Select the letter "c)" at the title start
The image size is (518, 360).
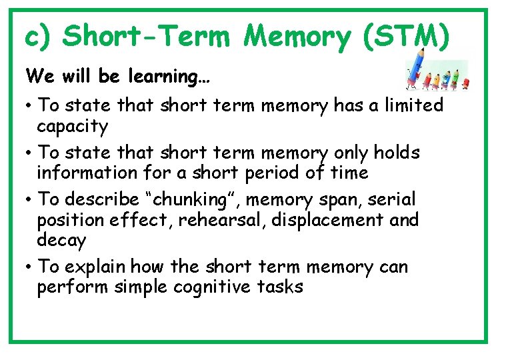(x=39, y=36)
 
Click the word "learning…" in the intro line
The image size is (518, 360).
(x=174, y=77)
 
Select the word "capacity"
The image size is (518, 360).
(x=72, y=126)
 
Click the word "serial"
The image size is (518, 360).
(x=393, y=200)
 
